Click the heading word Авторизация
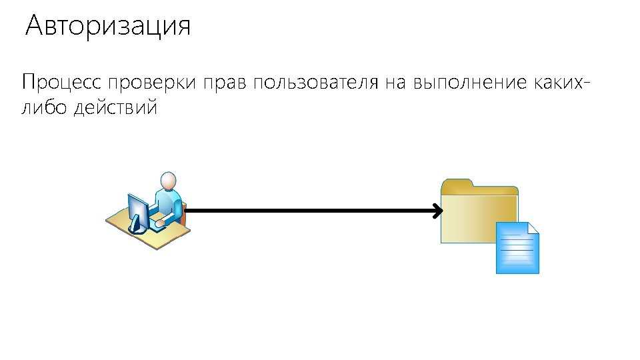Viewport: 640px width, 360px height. pos(108,27)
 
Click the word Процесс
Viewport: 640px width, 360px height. pos(61,84)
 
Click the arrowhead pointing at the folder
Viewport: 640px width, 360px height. pos(437,212)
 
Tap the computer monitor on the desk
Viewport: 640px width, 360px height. pos(138,212)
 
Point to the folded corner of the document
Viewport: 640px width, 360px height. pos(533,228)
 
